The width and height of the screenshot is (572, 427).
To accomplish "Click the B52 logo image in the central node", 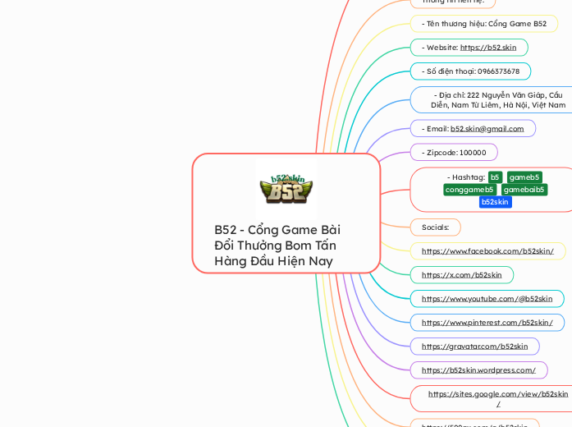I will (286, 188).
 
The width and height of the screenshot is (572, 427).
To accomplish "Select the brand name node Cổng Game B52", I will (483, 24).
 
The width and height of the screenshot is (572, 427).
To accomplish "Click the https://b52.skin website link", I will (487, 48).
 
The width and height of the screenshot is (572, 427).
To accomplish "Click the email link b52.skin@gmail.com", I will (487, 129).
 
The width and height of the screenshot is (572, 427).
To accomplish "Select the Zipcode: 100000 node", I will (454, 153).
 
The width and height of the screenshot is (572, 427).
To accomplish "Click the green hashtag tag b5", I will (495, 177).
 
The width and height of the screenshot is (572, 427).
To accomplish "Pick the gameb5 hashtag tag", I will (524, 177).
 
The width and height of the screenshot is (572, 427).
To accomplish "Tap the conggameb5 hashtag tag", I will (469, 190).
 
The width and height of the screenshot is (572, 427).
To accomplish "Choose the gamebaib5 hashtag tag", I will (524, 190).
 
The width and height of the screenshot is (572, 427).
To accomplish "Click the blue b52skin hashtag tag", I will (495, 202).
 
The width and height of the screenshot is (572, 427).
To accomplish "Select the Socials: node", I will (435, 227).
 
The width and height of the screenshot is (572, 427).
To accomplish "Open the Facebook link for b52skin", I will (487, 251).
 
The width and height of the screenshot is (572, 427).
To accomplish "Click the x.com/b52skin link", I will (461, 275).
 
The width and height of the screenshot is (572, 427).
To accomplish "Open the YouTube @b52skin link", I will (487, 299).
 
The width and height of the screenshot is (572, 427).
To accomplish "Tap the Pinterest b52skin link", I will (487, 323).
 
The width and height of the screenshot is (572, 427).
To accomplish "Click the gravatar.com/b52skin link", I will (474, 347).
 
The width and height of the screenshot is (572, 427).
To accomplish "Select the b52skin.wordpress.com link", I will (478, 370).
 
